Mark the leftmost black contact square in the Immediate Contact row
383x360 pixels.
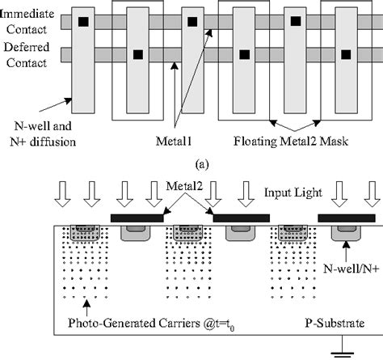coord(82,22)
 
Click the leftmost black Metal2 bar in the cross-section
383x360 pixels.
coord(137,218)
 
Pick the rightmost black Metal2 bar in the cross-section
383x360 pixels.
coord(346,218)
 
